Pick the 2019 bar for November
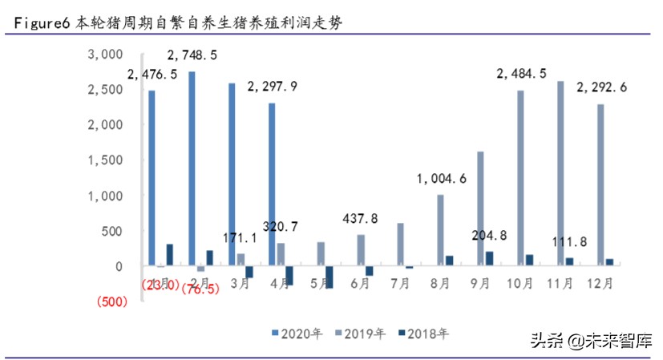pyautogui.click(x=560, y=173)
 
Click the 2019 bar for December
pyautogui.click(x=600, y=184)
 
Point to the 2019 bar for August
pyautogui.click(x=440, y=230)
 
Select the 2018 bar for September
pyautogui.click(x=490, y=258)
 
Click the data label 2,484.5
pyautogui.click(x=522, y=74)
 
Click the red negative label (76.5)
pyautogui.click(x=201, y=288)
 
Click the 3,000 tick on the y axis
pyautogui.click(x=104, y=54)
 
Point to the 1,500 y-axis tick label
pyautogui.click(x=104, y=160)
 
